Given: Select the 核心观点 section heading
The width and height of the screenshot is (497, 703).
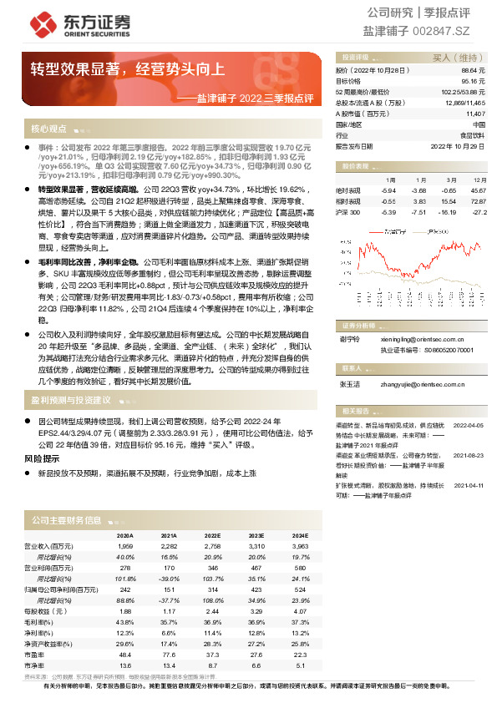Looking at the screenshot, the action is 48,129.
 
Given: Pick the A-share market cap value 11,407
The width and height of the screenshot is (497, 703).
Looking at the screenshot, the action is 474,113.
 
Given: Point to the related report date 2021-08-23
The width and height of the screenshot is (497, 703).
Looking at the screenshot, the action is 469,457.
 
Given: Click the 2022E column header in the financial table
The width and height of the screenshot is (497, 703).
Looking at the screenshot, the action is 212,536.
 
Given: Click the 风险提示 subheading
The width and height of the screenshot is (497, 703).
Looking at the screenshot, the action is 42,459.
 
